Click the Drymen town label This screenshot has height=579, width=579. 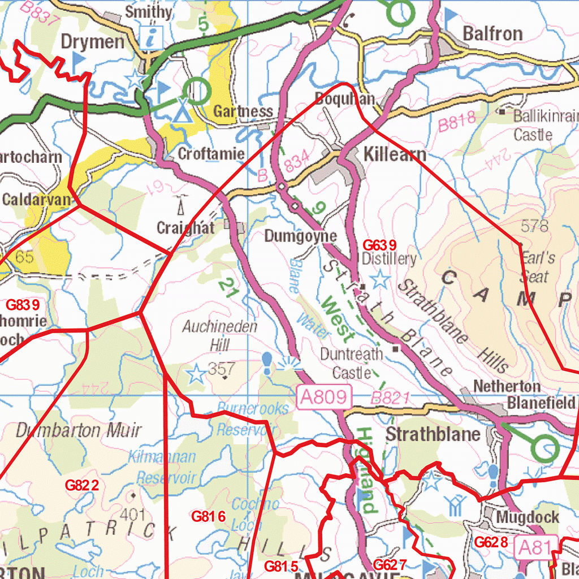coord(92,41)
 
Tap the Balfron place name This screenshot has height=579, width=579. coord(492,33)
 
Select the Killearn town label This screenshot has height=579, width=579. coord(395,153)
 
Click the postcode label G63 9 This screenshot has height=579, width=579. coord(379,245)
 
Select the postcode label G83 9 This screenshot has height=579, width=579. coord(23,305)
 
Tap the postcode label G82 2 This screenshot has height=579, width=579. coord(82,486)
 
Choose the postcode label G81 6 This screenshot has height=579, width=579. coord(209,516)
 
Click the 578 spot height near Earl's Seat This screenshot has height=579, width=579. coord(535,226)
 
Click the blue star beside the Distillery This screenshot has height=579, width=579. coord(381,279)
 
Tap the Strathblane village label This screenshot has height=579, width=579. coord(433,434)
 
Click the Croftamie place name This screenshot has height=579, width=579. coord(211,154)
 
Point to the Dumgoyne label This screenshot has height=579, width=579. coord(301,236)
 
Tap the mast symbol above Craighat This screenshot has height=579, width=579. coord(180,205)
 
